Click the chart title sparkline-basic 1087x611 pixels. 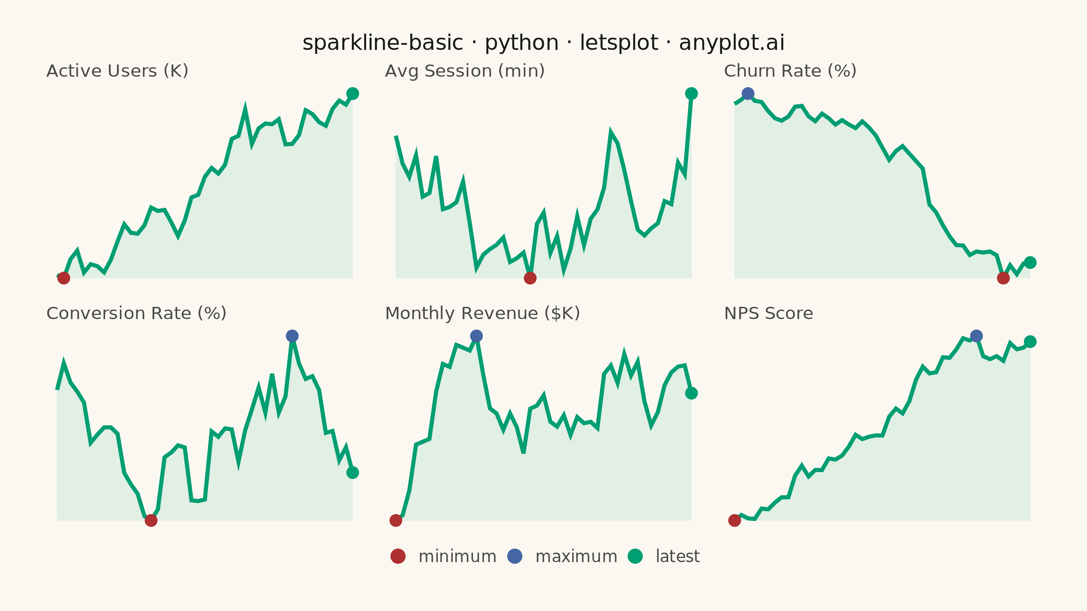tap(543, 42)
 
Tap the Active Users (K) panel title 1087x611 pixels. tap(117, 71)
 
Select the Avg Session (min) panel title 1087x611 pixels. tap(465, 71)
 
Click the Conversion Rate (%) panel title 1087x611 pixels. tap(136, 313)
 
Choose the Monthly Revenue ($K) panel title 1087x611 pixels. tap(483, 313)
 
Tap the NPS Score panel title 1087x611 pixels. tap(768, 313)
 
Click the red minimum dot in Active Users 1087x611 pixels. tap(64, 278)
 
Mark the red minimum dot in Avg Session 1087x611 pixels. tap(530, 278)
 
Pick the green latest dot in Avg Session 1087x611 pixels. tap(691, 94)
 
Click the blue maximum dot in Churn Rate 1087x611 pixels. tap(748, 94)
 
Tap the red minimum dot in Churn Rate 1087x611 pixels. tap(1003, 278)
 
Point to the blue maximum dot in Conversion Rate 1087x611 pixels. tap(292, 336)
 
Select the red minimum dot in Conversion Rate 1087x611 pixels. tap(151, 520)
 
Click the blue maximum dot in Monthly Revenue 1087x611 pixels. tap(476, 336)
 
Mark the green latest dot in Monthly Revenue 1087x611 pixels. tap(691, 393)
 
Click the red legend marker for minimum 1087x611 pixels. tap(398, 556)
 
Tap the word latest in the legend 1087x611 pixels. tap(678, 556)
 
